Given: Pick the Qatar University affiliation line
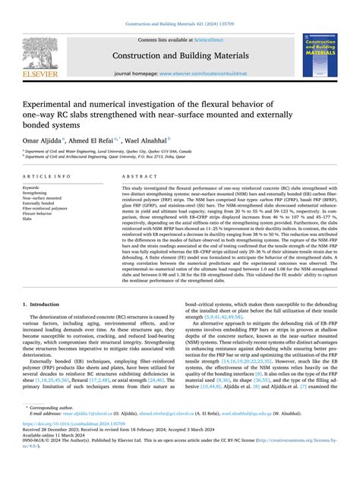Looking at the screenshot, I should point(103,157).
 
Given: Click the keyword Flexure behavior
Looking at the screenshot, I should point(41,213).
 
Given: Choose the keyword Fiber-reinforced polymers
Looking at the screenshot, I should point(50,207).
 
